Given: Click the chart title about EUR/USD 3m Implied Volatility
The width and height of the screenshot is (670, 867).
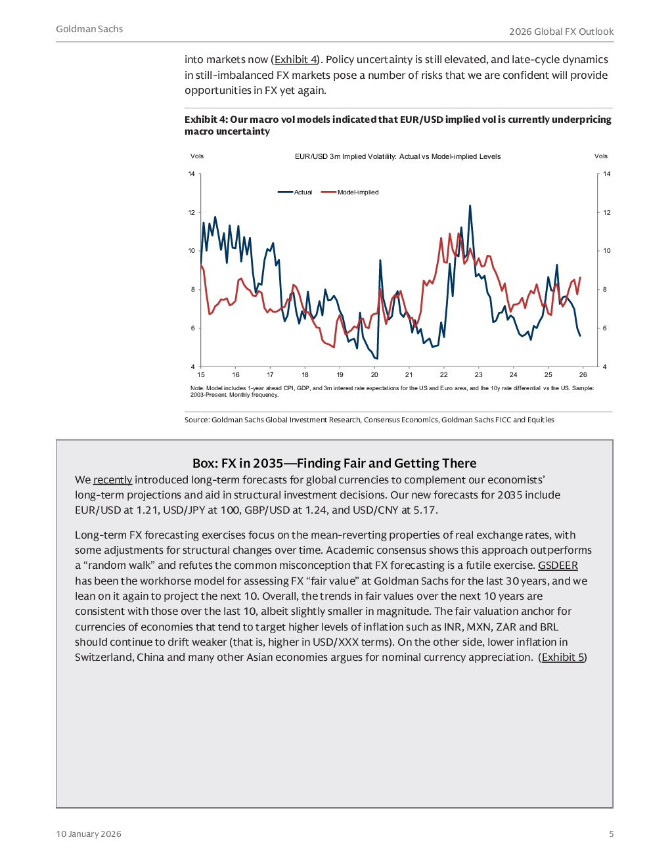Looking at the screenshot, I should click(x=397, y=157).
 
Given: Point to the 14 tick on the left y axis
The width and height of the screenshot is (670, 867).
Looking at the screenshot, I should click(x=192, y=174).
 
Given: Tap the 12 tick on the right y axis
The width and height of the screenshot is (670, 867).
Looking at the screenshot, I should click(x=606, y=213).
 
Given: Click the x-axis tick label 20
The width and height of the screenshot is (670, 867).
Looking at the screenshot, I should click(x=374, y=375).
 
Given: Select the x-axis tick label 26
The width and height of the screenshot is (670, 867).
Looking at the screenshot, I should click(x=583, y=375).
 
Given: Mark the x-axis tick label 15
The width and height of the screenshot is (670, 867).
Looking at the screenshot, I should click(x=201, y=375).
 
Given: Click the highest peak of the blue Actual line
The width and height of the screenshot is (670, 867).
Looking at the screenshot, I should click(x=470, y=206).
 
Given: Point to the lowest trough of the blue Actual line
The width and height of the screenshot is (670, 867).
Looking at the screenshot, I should click(x=377, y=358).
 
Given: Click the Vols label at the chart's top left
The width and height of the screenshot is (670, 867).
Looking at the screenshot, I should click(x=197, y=156).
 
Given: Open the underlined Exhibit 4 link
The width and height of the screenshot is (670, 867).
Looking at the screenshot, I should click(x=296, y=60).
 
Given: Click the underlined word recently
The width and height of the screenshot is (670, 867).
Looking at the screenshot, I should click(x=112, y=480).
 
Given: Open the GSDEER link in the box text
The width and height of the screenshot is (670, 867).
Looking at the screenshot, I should click(x=558, y=566).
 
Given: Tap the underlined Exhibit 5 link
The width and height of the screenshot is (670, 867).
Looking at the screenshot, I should click(x=562, y=657).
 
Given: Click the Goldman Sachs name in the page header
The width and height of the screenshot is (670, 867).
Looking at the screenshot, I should click(x=89, y=30).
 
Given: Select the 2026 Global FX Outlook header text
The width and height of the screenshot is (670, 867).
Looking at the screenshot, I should click(x=561, y=32).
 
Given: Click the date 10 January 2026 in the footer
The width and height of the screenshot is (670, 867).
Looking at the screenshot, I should click(x=89, y=834).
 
